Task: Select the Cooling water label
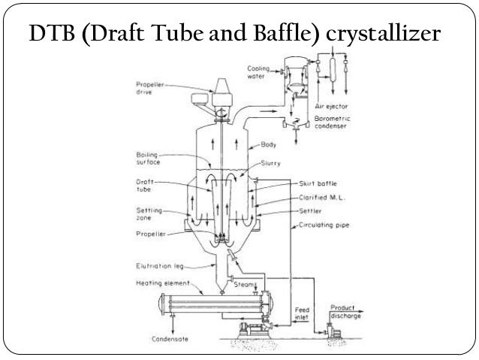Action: pyautogui.click(x=259, y=71)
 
